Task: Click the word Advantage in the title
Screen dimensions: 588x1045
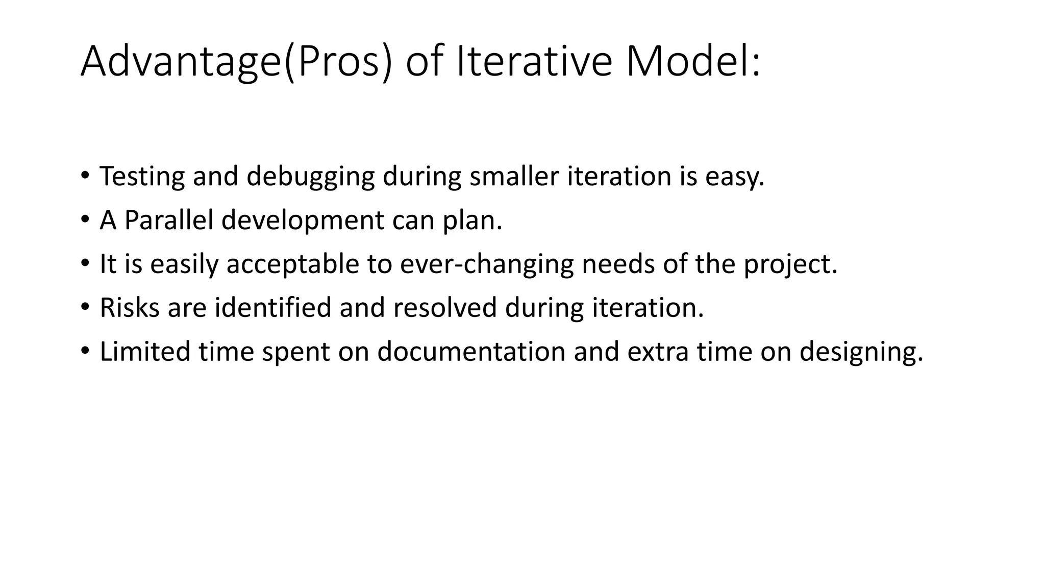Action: coord(181,62)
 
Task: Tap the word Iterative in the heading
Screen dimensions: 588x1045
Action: coord(533,62)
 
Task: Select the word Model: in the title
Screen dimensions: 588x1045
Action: coord(693,62)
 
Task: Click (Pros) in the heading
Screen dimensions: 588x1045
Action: coord(339,62)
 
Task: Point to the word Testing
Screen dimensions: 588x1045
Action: coord(142,176)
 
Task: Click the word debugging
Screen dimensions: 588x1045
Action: coord(310,177)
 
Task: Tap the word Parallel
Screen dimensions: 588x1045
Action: coord(168,220)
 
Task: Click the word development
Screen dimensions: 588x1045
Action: coord(303,221)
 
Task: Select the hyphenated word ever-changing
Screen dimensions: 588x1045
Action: coord(487,265)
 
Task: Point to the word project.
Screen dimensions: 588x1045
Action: coord(790,265)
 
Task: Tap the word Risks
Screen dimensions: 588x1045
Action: coord(130,308)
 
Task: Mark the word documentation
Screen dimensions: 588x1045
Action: coord(471,352)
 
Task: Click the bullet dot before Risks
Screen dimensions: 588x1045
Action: coord(85,308)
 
